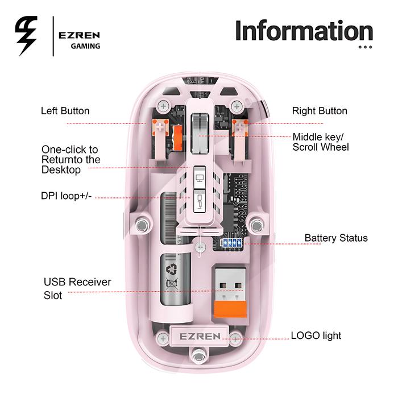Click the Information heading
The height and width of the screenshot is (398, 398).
point(304,31)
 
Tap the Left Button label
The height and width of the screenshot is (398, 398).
point(65,111)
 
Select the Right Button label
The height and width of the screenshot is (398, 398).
point(320,111)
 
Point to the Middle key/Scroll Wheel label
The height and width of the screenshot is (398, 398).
point(321,142)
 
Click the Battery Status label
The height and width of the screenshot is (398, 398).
point(335,238)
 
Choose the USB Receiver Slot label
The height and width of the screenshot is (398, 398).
point(77,289)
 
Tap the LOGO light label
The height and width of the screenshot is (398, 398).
point(316,335)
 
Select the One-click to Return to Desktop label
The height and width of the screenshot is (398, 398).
point(69,160)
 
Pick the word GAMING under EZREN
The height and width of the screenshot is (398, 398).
point(85,46)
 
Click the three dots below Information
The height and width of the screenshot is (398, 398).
point(365,47)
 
